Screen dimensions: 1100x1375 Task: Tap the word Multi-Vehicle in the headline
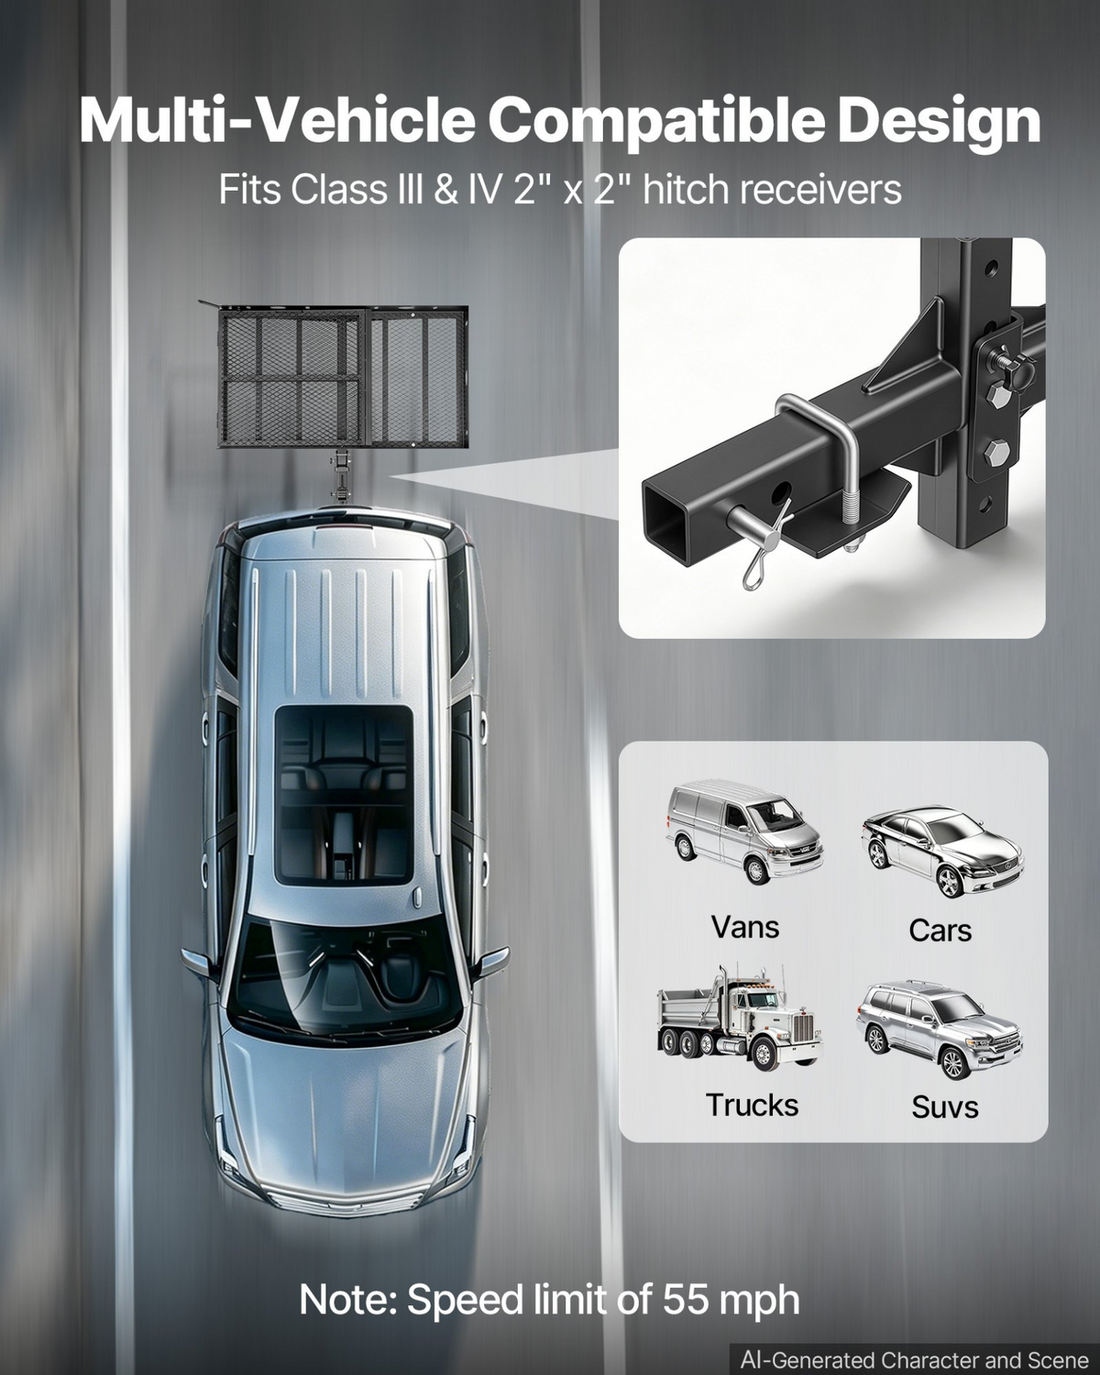(278, 121)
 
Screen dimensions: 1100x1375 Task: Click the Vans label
(745, 927)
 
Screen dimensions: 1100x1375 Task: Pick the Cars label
(940, 930)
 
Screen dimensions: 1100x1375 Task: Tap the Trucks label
(753, 1105)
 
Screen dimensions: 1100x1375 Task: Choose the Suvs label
(945, 1107)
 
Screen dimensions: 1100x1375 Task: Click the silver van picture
(744, 830)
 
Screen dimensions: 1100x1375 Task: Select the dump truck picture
(740, 1018)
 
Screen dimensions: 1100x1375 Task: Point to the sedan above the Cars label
(942, 852)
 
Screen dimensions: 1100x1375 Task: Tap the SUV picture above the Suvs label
(939, 1029)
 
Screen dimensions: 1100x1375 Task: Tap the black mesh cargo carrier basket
(343, 376)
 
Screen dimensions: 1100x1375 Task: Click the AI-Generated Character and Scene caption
(914, 1359)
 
